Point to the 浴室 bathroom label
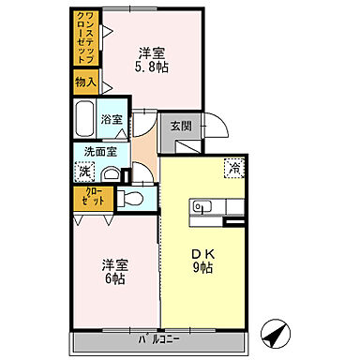point(112,119)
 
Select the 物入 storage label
point(85,82)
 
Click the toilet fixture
point(129,198)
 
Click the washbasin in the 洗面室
point(111,174)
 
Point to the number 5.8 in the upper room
point(147,68)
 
